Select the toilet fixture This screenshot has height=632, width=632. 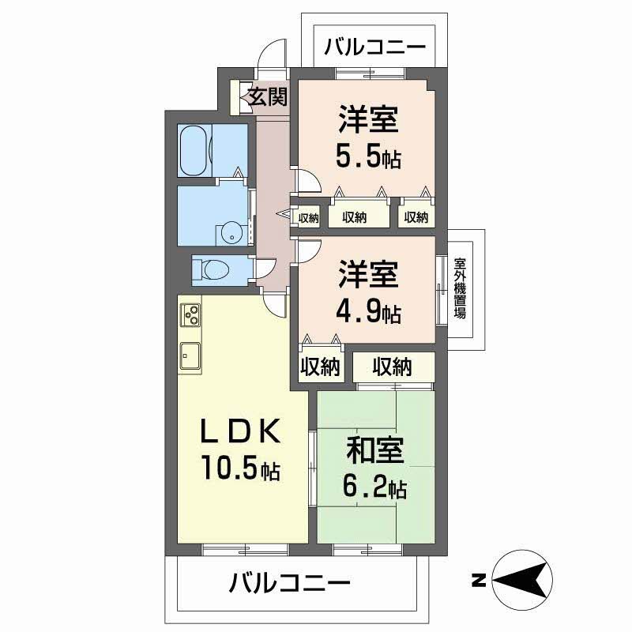pyautogui.click(x=212, y=269)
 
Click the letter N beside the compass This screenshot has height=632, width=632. pyautogui.click(x=478, y=581)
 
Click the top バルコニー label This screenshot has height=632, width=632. pyautogui.click(x=374, y=47)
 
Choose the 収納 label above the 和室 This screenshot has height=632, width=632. pyautogui.click(x=393, y=367)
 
